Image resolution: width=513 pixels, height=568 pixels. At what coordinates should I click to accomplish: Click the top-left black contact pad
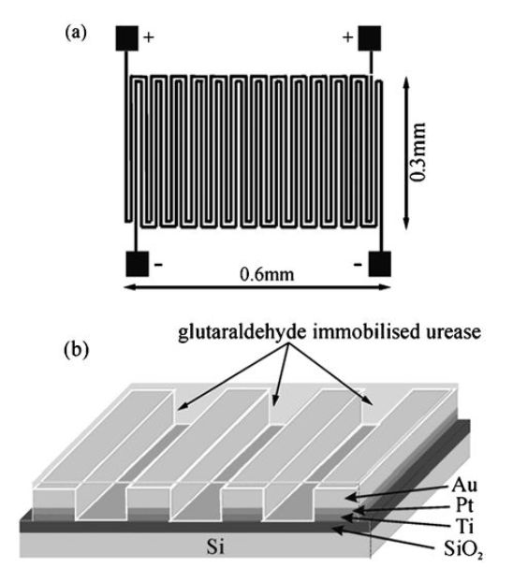(126, 38)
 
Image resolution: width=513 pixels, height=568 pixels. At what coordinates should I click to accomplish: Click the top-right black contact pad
(370, 38)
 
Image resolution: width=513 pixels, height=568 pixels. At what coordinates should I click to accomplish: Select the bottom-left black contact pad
(137, 264)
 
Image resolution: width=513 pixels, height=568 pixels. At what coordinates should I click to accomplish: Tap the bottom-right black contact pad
(380, 264)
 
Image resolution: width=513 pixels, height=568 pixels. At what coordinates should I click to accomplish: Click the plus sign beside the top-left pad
(149, 37)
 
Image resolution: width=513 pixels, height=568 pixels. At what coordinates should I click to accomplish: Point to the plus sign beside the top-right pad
(348, 37)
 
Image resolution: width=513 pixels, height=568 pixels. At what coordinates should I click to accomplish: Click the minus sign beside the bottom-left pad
(158, 265)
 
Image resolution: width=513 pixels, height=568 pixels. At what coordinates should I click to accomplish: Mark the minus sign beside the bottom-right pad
(358, 265)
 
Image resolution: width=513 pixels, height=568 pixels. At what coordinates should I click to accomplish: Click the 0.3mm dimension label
(418, 153)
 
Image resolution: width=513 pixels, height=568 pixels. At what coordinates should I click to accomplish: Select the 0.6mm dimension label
(268, 275)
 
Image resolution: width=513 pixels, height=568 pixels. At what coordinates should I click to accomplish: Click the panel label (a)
(76, 33)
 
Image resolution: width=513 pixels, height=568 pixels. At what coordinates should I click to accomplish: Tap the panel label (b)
(76, 350)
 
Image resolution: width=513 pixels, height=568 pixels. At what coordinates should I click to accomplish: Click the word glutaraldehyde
(242, 333)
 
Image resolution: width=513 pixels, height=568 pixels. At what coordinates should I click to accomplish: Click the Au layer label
(464, 486)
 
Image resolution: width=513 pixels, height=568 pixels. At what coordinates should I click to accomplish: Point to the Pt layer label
(464, 505)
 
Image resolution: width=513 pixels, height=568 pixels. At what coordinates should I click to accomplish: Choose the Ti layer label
(465, 526)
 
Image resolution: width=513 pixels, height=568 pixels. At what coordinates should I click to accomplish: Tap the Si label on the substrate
(216, 546)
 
